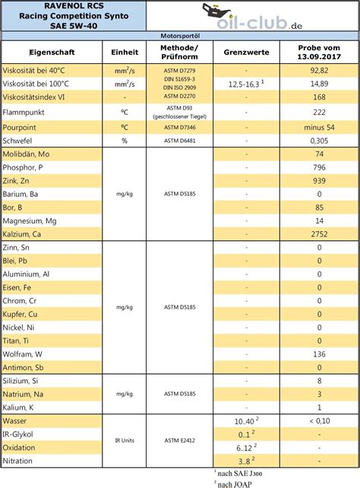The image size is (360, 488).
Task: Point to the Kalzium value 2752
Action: point(320,235)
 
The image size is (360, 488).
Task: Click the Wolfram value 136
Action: point(320,354)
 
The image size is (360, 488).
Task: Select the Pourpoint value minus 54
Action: point(320,126)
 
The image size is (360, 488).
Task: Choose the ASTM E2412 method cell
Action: point(179,440)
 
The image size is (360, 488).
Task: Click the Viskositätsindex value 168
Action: point(320,97)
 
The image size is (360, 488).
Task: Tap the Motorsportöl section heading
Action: point(179,36)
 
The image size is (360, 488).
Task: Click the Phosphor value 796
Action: point(320,166)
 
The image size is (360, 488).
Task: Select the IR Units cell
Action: point(125,440)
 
